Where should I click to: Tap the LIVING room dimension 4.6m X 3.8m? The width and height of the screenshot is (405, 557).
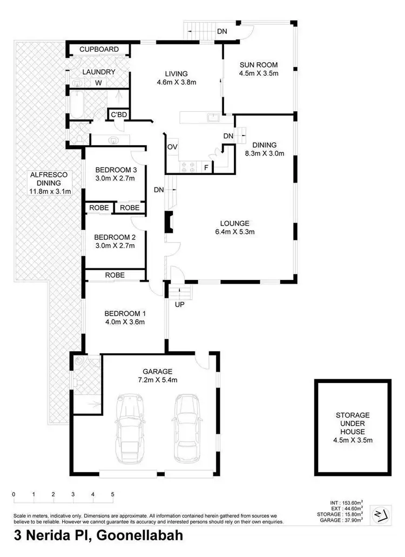pos(177,83)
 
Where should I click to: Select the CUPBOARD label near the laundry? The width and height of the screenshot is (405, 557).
pos(99,50)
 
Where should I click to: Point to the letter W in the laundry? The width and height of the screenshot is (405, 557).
pos(98,83)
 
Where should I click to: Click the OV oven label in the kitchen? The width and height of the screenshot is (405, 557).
pos(172,147)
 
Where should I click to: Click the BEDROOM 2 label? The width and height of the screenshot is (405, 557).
pos(114,237)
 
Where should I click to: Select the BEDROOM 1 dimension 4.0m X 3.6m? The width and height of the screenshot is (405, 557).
pos(125,322)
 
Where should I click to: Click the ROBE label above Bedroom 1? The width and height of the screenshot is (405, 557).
pos(114,275)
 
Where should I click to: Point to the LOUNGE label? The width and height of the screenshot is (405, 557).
pos(234,223)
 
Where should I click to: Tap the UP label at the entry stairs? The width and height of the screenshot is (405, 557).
pos(178,305)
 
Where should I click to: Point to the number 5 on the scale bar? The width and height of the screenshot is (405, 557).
pos(112,494)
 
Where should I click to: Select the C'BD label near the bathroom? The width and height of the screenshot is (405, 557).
pos(118,115)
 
